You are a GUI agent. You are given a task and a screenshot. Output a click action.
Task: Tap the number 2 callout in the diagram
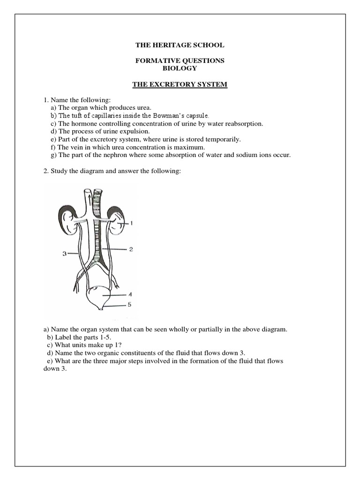tap(131, 250)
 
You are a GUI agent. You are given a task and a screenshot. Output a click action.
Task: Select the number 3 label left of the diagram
tap(64, 254)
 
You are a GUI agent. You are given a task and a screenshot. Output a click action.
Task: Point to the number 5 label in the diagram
tap(130, 304)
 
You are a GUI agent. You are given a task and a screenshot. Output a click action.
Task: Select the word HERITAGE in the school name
tap(174, 45)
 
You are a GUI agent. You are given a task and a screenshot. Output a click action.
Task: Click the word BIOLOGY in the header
tap(180, 68)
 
